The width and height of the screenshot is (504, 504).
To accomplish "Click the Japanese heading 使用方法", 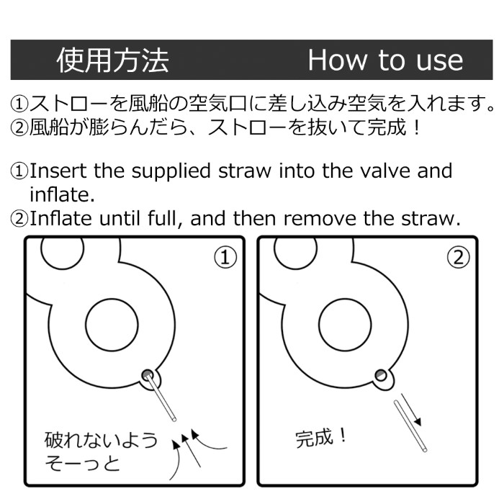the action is coord(113,60).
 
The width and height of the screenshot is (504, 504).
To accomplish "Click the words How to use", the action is coord(385,60).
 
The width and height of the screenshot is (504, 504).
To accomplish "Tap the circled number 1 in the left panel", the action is coord(225,257).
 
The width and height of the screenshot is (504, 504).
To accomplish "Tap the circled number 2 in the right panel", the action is coord(459,257).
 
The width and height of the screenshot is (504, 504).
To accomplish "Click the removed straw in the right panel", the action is coord(410,426).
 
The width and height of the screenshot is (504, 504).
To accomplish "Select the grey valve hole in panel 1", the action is coord(148,375).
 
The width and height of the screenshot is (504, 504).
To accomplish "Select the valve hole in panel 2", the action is coord(381,375).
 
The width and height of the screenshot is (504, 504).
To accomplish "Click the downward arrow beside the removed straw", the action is coord(411,410).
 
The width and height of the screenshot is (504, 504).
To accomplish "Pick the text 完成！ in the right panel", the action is coord(321,438).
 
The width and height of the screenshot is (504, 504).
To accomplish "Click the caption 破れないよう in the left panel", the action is coord(101,440).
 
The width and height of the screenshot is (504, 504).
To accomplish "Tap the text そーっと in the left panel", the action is coord(82,463).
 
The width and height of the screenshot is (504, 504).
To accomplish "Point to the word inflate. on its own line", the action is coord(63,194).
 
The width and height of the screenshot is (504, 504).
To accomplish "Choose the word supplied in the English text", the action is coord(171,171).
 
